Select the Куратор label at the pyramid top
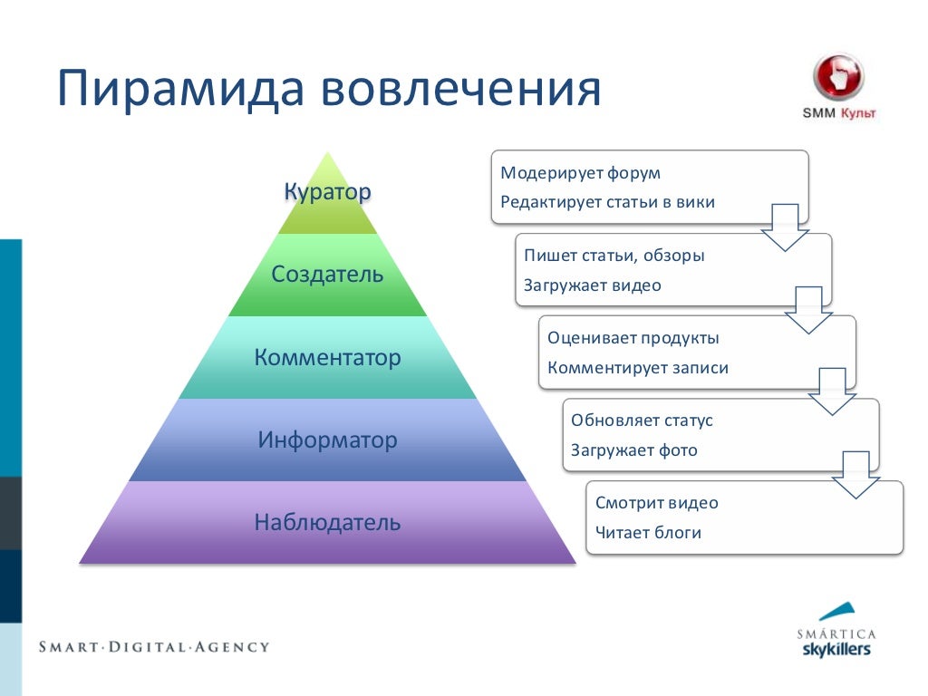click(x=328, y=192)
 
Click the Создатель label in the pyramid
click(x=328, y=275)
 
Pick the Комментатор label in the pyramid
click(x=328, y=358)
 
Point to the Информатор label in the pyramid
click(x=328, y=440)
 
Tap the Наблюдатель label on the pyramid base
click(x=328, y=523)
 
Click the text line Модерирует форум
click(x=581, y=173)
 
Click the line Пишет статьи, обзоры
click(x=614, y=256)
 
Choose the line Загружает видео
click(x=593, y=285)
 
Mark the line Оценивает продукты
click(x=633, y=338)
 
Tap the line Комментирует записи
click(x=638, y=368)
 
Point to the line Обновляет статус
click(x=643, y=420)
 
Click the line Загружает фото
click(x=634, y=450)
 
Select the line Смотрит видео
click(x=657, y=503)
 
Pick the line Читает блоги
click(x=649, y=533)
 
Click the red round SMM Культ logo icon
click(x=838, y=76)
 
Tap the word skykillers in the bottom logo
click(x=836, y=650)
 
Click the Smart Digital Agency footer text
click(x=154, y=647)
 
